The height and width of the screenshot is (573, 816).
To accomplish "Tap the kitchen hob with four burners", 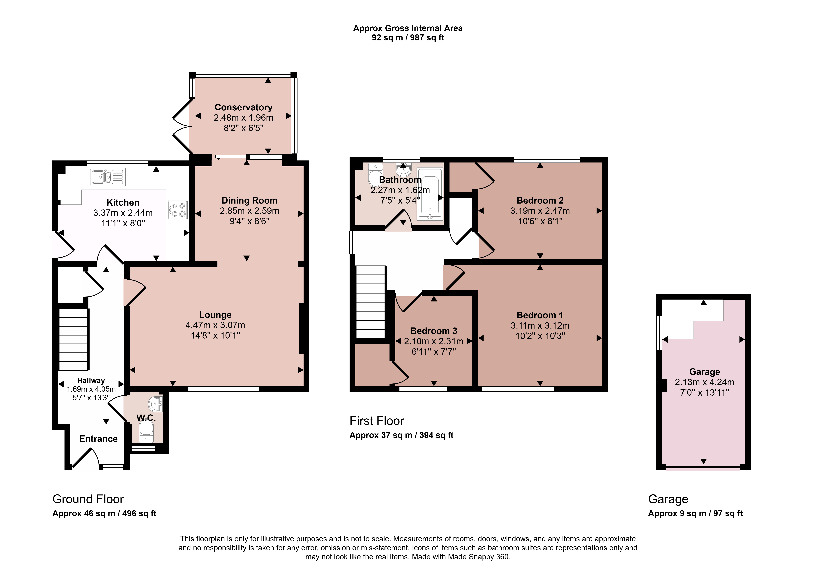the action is (177, 210).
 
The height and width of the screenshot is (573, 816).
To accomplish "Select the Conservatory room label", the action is (243, 107).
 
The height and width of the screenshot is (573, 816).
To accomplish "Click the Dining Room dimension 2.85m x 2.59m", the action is (249, 211).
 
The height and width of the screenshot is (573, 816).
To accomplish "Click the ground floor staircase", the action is (73, 339).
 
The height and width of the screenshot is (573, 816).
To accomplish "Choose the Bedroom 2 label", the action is (540, 200).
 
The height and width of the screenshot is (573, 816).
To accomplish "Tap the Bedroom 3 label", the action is (434, 331).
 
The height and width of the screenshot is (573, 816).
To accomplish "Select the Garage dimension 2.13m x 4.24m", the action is (704, 382).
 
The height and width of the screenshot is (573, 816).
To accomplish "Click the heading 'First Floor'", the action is (377, 421).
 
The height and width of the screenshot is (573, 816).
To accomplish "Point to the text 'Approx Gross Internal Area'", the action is (408, 28).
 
